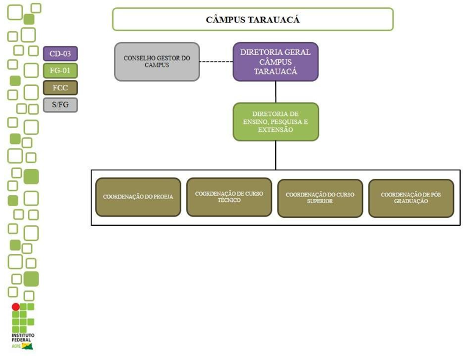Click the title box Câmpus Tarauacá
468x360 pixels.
point(253,20)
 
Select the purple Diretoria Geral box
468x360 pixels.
point(275,62)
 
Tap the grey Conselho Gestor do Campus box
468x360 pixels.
point(157,62)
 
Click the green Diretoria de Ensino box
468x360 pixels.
point(275,122)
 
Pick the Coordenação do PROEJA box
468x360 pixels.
point(138,197)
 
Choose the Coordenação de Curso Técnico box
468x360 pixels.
point(229,197)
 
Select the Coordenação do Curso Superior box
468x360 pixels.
point(320,198)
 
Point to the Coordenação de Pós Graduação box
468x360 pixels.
point(411,198)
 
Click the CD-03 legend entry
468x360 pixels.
point(60,54)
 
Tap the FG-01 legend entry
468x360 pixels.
point(60,71)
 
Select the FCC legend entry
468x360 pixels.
point(60,88)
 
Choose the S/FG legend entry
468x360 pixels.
point(60,105)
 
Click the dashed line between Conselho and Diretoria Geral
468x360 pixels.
point(216,62)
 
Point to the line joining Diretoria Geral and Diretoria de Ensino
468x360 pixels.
point(276,92)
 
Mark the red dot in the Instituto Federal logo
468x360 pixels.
point(16,307)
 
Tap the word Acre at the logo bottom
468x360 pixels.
point(16,346)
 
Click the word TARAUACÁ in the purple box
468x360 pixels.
point(275,71)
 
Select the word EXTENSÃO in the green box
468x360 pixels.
point(275,130)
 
